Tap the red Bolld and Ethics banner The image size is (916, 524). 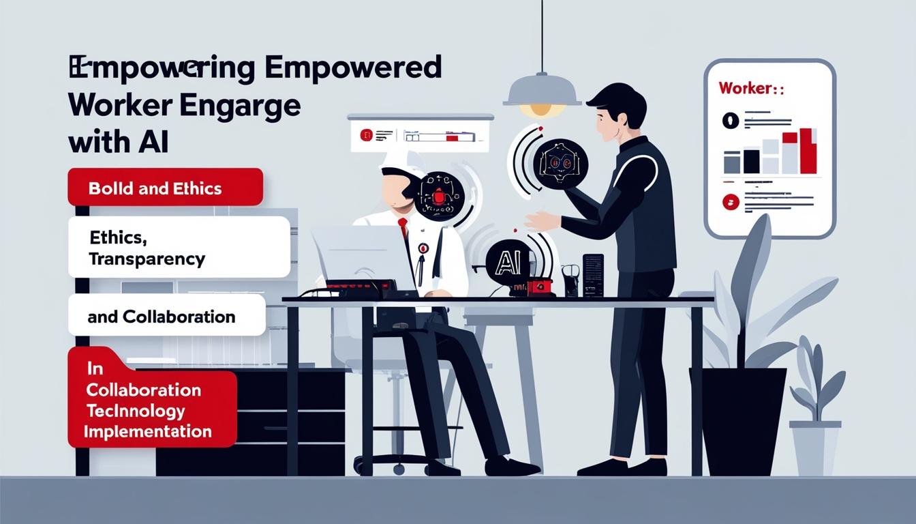[x=165, y=187]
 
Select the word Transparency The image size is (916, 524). [x=147, y=259]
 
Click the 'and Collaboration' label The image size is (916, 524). [x=162, y=317]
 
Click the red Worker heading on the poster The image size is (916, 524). [x=747, y=89]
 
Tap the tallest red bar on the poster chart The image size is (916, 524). [x=808, y=150]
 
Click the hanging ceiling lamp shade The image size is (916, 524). [x=542, y=91]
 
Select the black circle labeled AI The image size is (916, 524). [x=508, y=261]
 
